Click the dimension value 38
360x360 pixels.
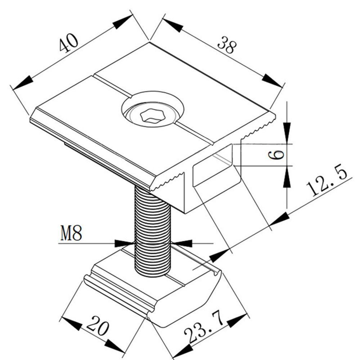click(227, 45)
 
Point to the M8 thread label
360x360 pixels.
click(71, 233)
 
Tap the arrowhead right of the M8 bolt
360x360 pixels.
click(181, 243)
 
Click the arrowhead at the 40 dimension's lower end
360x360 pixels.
click(23, 83)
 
